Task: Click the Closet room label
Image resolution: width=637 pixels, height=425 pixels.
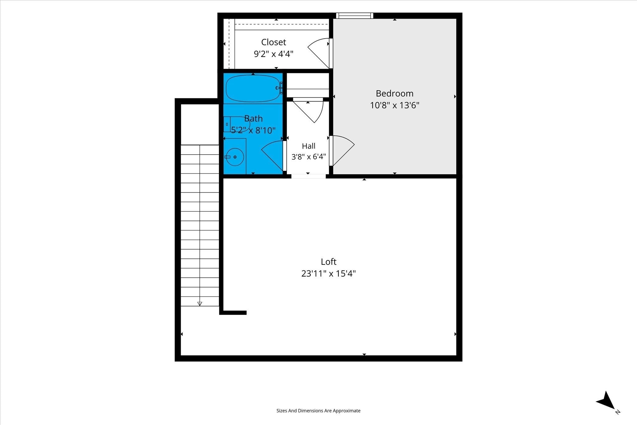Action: pyautogui.click(x=273, y=42)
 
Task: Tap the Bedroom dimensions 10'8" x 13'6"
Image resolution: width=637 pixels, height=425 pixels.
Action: pyautogui.click(x=394, y=105)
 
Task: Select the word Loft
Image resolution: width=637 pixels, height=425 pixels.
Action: pyautogui.click(x=328, y=262)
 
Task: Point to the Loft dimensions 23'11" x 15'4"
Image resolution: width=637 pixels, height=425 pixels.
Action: pyautogui.click(x=328, y=273)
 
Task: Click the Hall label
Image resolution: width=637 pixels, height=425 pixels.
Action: pyautogui.click(x=309, y=146)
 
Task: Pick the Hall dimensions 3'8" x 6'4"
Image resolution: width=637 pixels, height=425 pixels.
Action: pyautogui.click(x=309, y=156)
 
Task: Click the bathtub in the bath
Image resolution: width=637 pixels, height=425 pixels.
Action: pyautogui.click(x=253, y=88)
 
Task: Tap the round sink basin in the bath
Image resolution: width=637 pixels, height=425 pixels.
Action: pyautogui.click(x=235, y=157)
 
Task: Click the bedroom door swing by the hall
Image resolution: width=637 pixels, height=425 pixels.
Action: pyautogui.click(x=342, y=151)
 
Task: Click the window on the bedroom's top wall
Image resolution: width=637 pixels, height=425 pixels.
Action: pyautogui.click(x=354, y=16)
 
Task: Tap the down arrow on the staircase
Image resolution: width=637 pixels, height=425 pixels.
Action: pyautogui.click(x=200, y=304)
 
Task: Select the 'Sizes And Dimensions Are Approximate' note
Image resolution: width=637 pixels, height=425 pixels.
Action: pyautogui.click(x=318, y=411)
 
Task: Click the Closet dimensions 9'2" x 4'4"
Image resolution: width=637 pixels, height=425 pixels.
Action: pyautogui.click(x=273, y=54)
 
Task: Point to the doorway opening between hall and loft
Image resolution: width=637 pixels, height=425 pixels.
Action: pyautogui.click(x=308, y=176)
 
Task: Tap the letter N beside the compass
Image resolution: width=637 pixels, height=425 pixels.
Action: pyautogui.click(x=618, y=421)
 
